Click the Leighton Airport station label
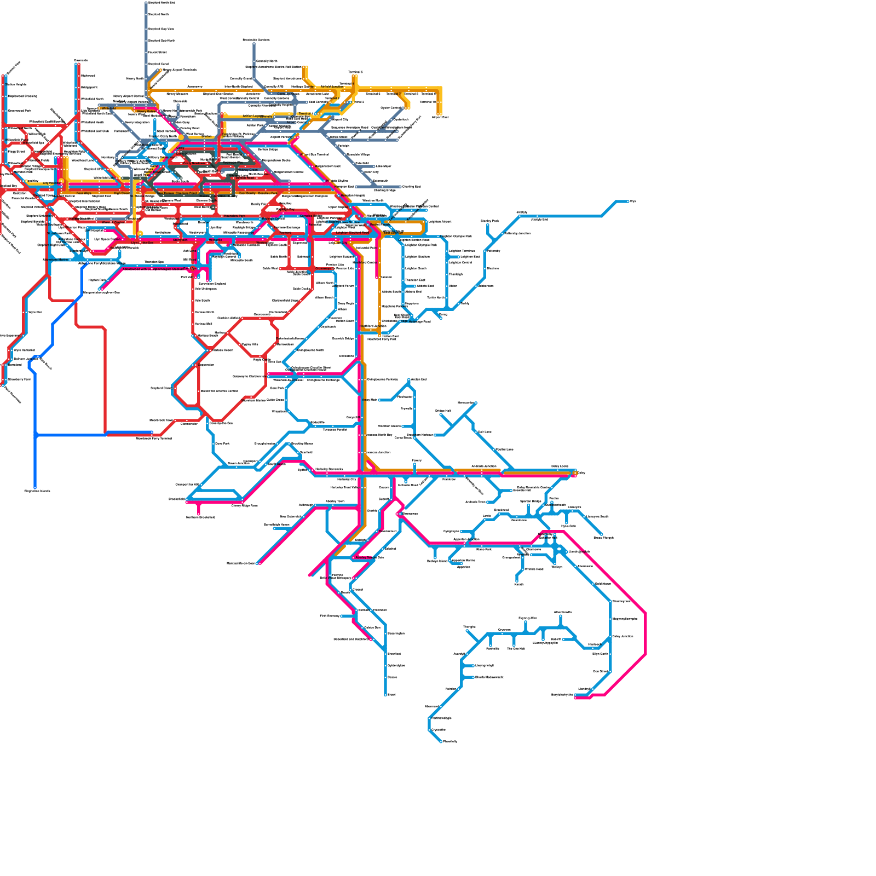click(440, 222)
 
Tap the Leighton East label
click(470, 256)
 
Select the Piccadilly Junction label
click(517, 233)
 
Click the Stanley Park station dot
click(487, 225)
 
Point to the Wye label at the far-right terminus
click(633, 201)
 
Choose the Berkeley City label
click(347, 480)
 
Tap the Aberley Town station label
click(335, 502)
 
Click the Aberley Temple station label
click(370, 557)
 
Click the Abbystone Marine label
click(56, 260)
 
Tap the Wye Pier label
click(35, 312)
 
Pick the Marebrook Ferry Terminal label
click(154, 438)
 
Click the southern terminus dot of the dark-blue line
click(35, 487)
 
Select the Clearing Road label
click(411, 187)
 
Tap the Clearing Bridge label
click(384, 191)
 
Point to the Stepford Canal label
click(158, 64)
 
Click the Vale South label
click(202, 300)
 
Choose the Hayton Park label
click(97, 280)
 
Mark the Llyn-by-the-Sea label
click(142, 243)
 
